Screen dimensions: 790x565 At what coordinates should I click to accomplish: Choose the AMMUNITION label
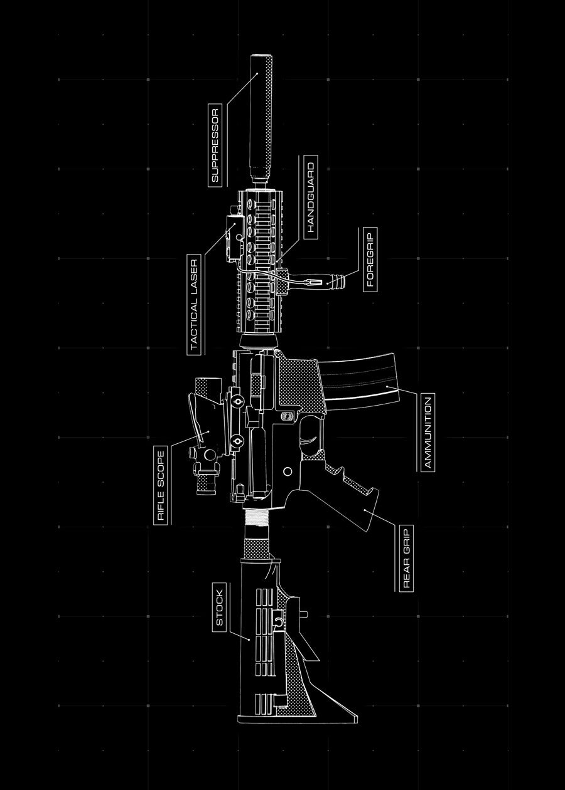pyautogui.click(x=428, y=433)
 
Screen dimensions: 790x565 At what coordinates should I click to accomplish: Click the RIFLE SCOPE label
pyautogui.click(x=161, y=486)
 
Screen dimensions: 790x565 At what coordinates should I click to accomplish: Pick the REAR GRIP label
pyautogui.click(x=406, y=559)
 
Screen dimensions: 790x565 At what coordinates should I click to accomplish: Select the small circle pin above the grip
pyautogui.click(x=288, y=470)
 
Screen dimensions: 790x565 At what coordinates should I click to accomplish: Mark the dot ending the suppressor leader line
pyautogui.click(x=257, y=73)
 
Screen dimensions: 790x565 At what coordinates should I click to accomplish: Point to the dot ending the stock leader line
pyautogui.click(x=249, y=640)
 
